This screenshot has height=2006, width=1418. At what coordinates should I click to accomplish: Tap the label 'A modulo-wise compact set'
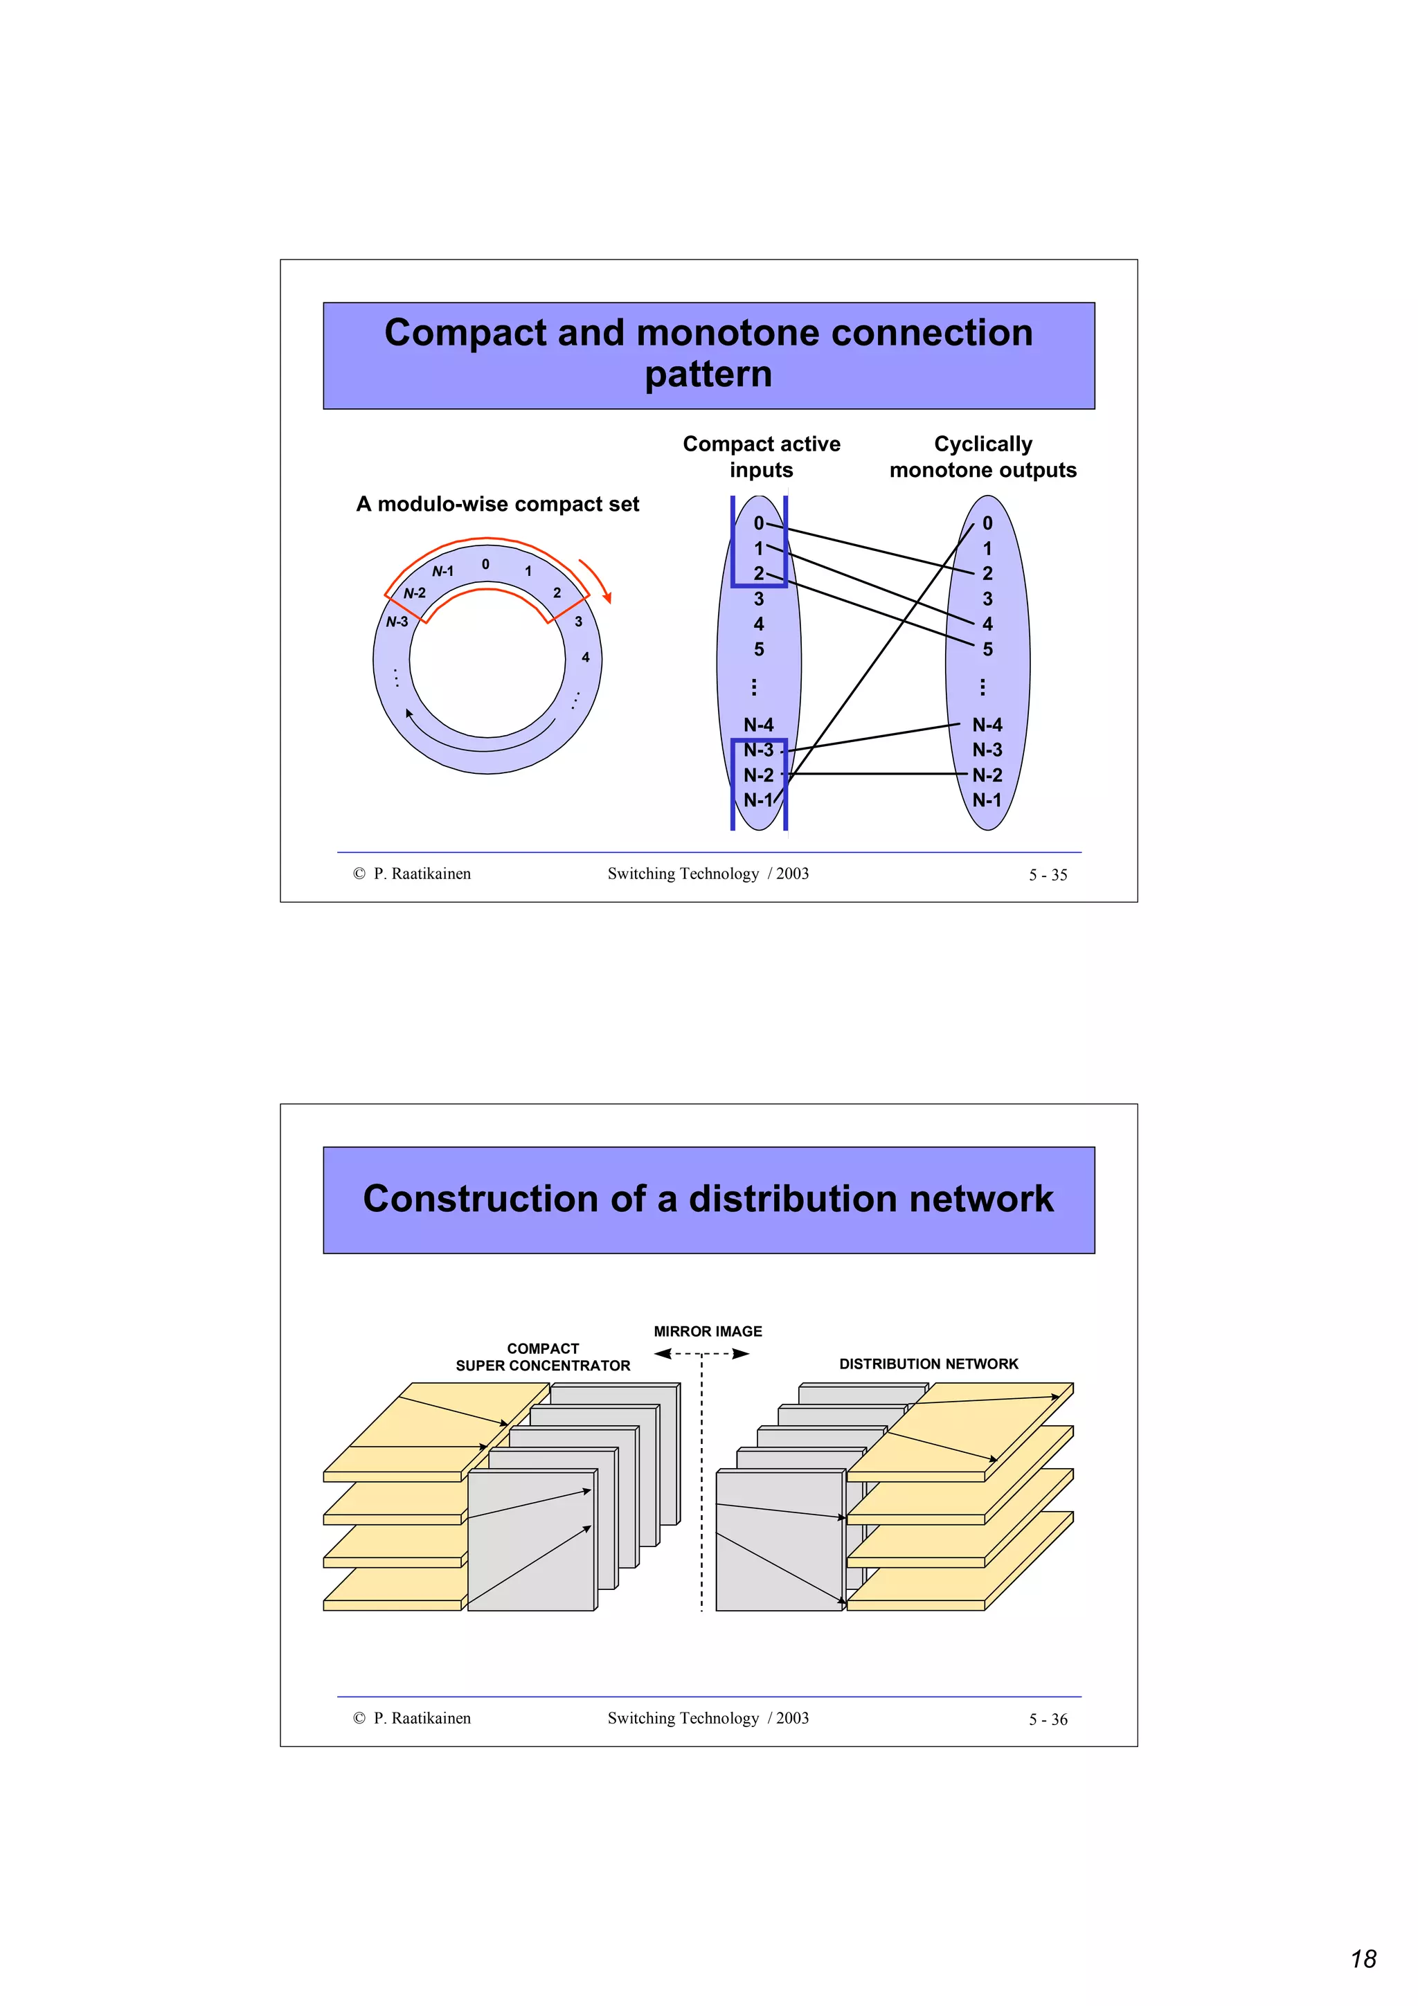497,504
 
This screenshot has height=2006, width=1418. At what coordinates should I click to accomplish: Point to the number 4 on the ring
585,657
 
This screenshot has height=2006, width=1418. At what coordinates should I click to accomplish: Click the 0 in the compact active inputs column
758,523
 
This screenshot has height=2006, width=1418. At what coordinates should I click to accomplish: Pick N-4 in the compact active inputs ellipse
757,724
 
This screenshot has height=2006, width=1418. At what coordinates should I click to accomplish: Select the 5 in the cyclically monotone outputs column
987,649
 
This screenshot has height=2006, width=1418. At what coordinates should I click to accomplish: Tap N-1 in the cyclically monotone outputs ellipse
987,799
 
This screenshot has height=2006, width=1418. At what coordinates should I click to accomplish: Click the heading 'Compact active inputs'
761,456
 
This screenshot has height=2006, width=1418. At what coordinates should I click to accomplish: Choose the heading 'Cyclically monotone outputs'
983,456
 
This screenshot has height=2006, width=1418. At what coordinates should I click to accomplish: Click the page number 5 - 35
1048,874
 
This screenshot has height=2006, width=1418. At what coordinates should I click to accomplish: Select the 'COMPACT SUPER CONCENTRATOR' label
543,1357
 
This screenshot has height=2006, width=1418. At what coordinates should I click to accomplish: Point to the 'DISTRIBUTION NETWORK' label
928,1363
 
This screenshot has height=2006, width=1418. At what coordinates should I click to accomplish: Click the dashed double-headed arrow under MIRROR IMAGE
701,1353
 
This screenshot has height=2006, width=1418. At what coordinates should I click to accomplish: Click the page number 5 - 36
1048,1719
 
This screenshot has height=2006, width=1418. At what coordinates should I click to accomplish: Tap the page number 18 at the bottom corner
1363,1958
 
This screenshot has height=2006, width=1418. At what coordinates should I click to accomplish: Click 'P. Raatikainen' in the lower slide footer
422,1717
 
